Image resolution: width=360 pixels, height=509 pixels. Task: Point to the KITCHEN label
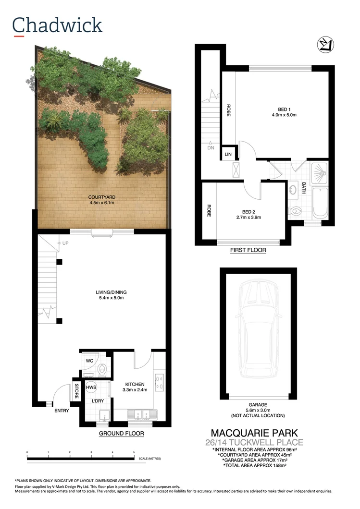pyautogui.click(x=135, y=384)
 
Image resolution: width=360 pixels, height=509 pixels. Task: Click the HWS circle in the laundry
pyautogui.click(x=91, y=387)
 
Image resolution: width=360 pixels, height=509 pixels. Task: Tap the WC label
pyautogui.click(x=89, y=360)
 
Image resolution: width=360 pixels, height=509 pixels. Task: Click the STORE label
pyautogui.click(x=76, y=391)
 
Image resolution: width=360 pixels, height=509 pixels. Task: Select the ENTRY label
pyautogui.click(x=62, y=411)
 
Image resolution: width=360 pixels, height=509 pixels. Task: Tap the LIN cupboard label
pyautogui.click(x=228, y=154)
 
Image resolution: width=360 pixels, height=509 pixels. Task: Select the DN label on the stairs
pyautogui.click(x=211, y=148)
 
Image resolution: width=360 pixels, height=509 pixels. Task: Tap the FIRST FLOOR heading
pyautogui.click(x=248, y=250)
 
